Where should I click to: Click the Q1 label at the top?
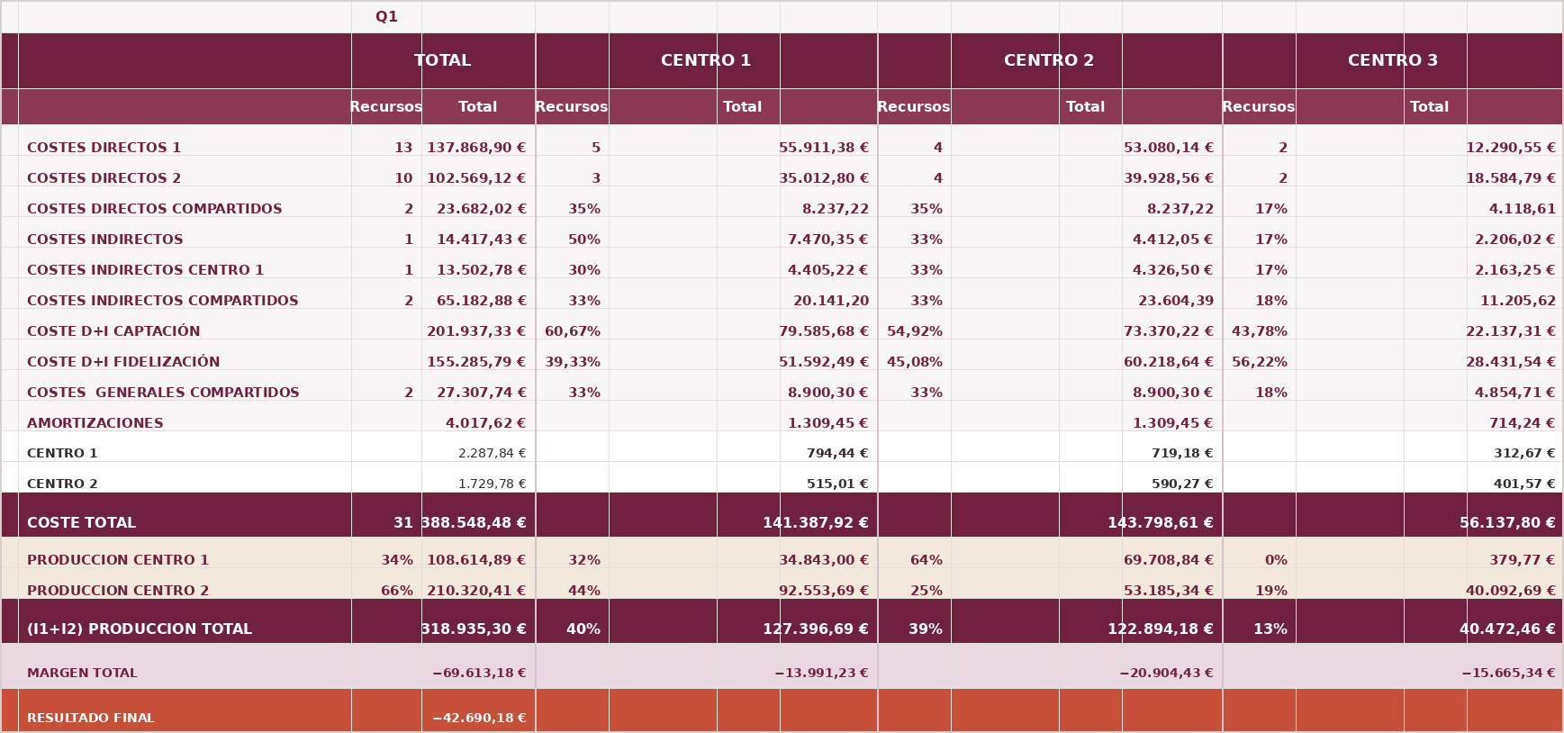click(x=386, y=17)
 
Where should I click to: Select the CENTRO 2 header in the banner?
click(x=1049, y=60)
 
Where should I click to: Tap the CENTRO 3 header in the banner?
click(x=1393, y=60)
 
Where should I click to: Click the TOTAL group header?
click(x=442, y=60)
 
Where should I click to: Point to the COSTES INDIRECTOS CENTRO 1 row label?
click(x=146, y=270)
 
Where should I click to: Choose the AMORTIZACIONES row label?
click(x=95, y=423)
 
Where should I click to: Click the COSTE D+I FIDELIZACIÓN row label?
click(x=123, y=362)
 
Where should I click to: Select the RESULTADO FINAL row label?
click(x=91, y=719)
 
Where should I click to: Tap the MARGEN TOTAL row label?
click(x=82, y=674)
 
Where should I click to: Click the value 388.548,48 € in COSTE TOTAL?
click(x=474, y=523)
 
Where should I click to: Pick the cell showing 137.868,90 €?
click(x=476, y=148)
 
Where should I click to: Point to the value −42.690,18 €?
click(x=479, y=719)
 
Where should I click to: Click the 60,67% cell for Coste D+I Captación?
click(x=573, y=331)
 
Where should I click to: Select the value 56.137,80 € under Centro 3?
click(x=1507, y=523)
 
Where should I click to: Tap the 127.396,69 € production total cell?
click(x=816, y=629)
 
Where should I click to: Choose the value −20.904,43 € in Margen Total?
click(x=1166, y=674)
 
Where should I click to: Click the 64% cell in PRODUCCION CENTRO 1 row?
click(x=927, y=560)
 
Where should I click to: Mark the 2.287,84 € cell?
click(x=493, y=454)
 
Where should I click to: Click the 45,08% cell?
click(x=915, y=362)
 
